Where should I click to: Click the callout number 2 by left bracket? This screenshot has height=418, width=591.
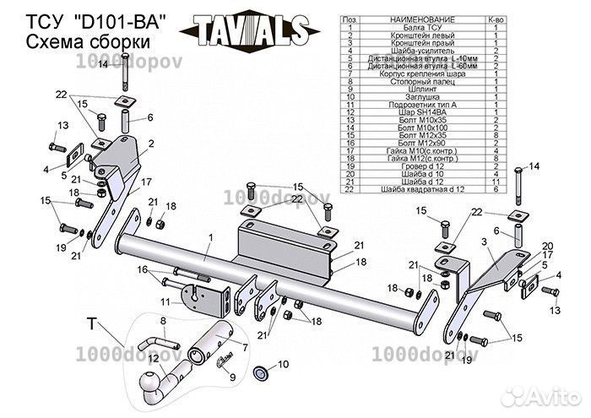coord(150,144)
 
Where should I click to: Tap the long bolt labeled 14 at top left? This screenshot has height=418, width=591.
coord(126,84)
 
